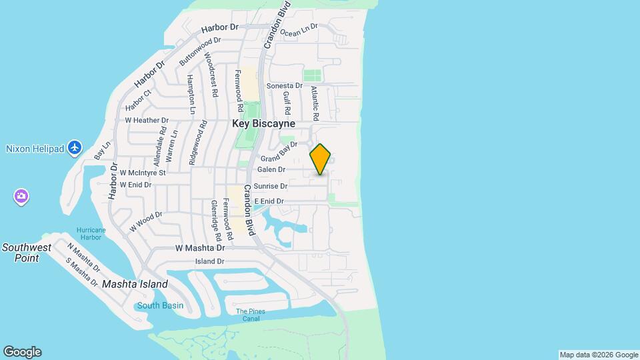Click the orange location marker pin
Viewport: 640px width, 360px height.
click(x=321, y=159)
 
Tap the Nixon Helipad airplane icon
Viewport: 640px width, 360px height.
click(x=75, y=147)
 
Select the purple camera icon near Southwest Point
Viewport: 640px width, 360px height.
click(x=21, y=196)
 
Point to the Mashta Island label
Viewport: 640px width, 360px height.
click(x=135, y=284)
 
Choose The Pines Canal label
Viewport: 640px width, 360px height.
click(x=251, y=315)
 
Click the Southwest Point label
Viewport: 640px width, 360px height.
click(x=26, y=252)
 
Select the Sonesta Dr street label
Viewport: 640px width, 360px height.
click(x=285, y=86)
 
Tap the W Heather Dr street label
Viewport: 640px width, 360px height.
click(x=147, y=120)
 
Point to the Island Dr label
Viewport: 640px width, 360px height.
click(x=209, y=261)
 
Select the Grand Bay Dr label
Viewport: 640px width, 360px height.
click(x=279, y=158)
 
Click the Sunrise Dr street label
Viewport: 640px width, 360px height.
click(x=270, y=187)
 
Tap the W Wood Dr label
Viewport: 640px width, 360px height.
click(x=146, y=221)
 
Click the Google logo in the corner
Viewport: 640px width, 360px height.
click(x=22, y=352)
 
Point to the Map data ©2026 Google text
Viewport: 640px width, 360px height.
click(x=599, y=355)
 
